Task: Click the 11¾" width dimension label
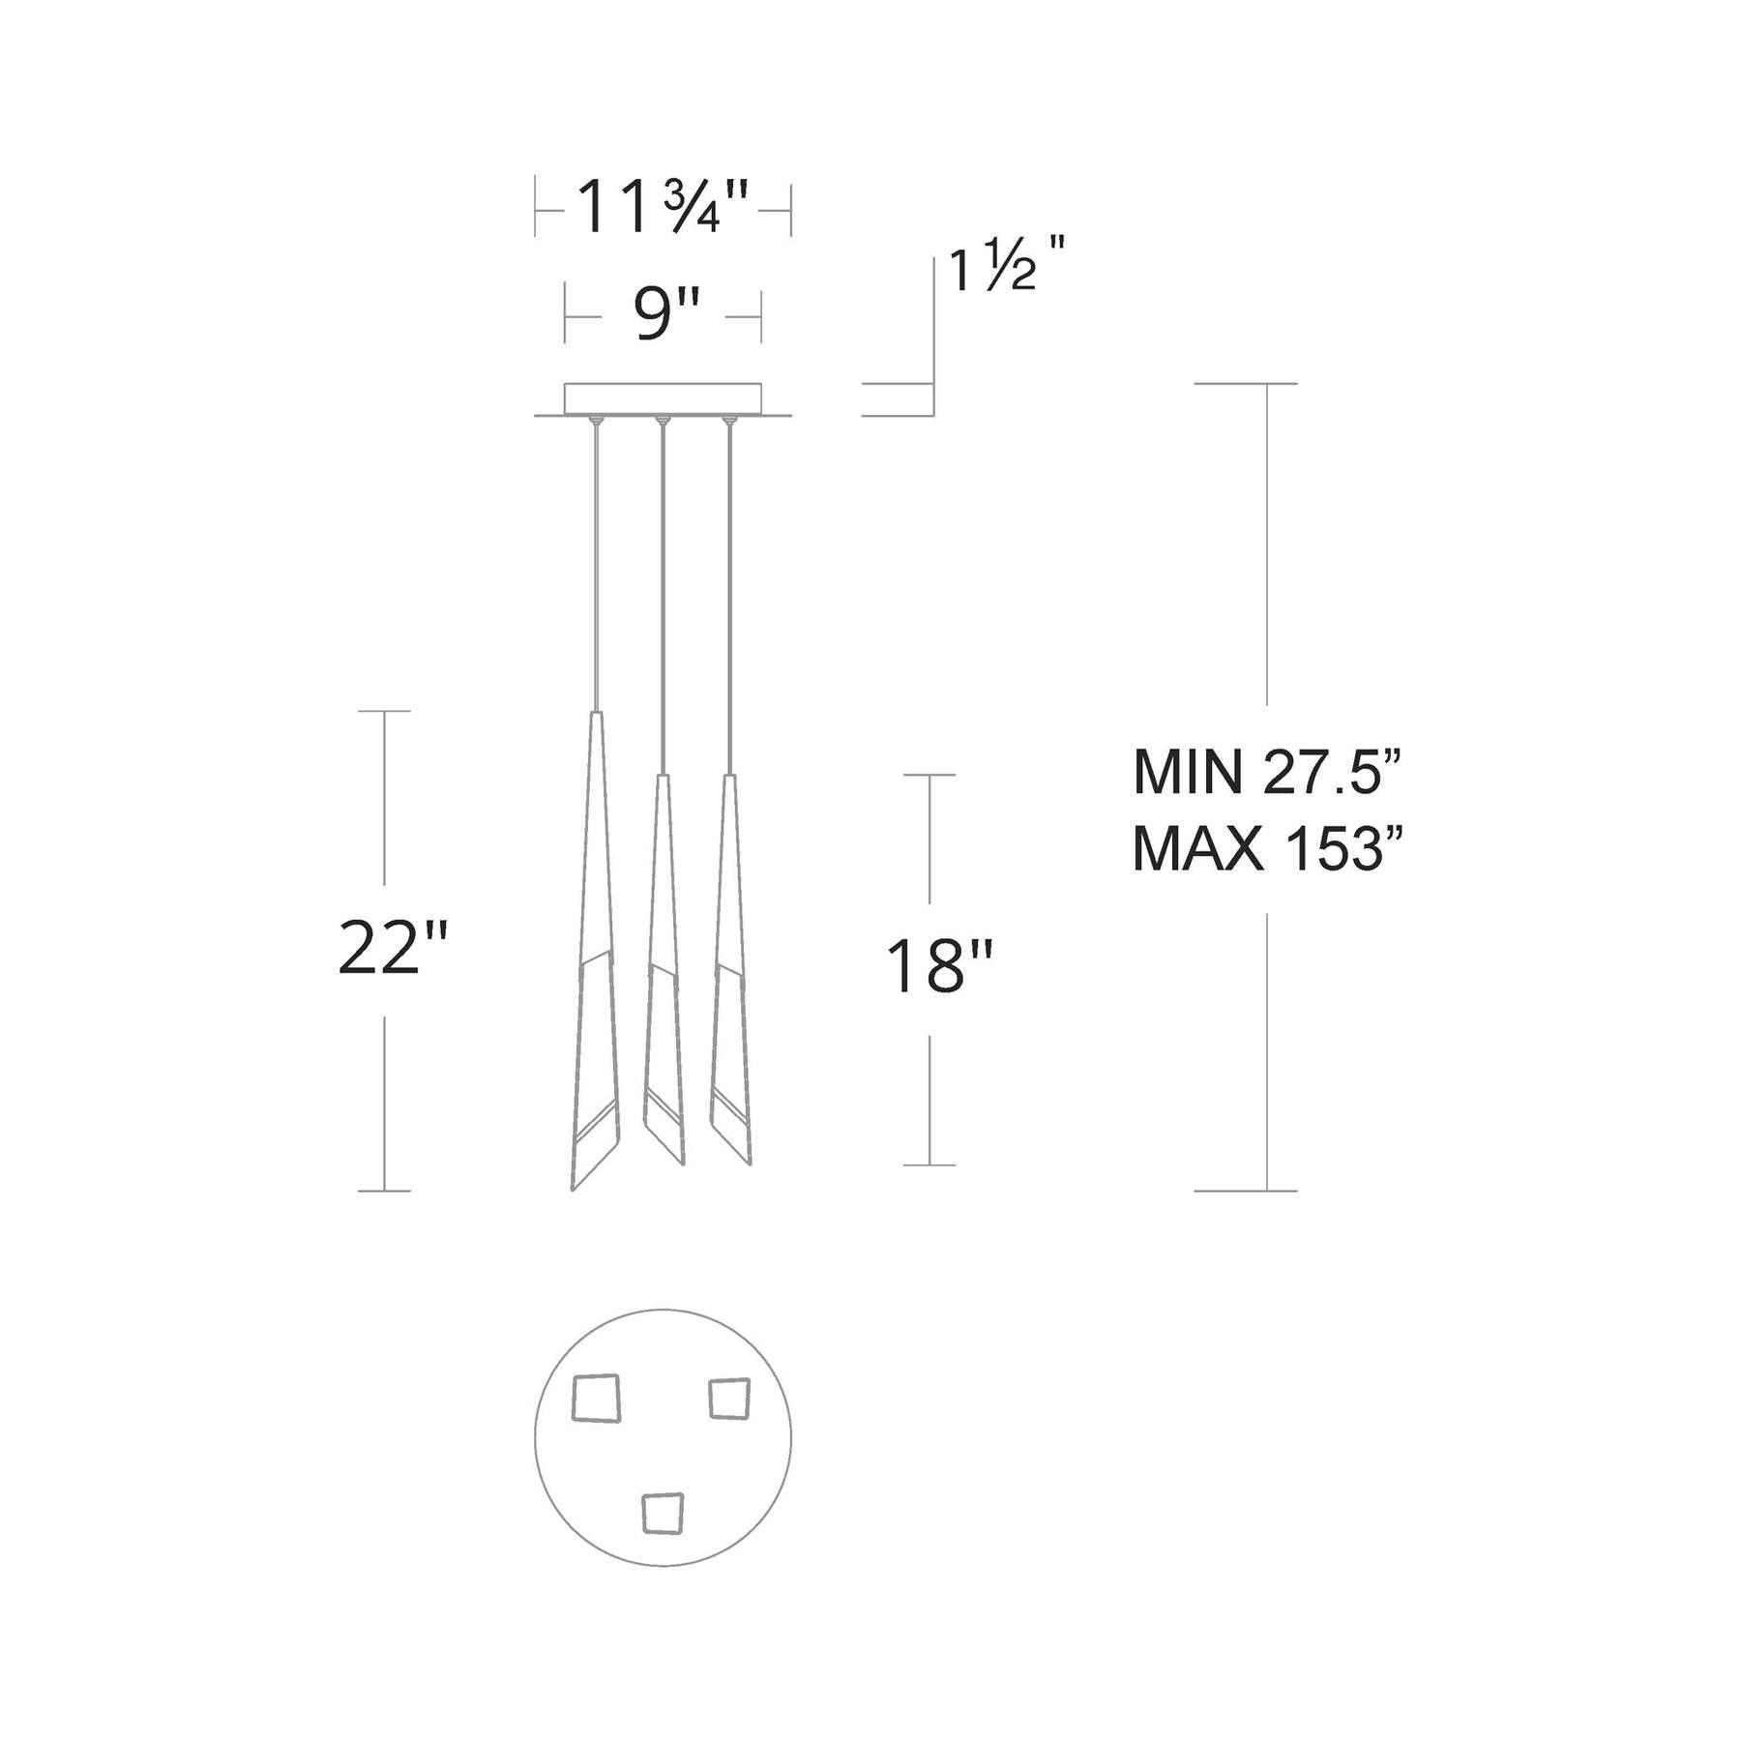click(x=663, y=208)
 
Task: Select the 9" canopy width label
click(x=664, y=315)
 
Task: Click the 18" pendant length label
click(x=938, y=967)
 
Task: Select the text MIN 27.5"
click(x=1267, y=772)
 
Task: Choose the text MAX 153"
click(x=1267, y=849)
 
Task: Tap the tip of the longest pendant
click(x=574, y=1189)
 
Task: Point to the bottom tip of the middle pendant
click(x=682, y=1163)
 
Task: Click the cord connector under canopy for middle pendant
click(x=663, y=421)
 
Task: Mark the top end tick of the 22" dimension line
click(x=385, y=711)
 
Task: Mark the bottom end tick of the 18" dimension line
click(x=930, y=1165)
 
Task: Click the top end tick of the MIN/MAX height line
click(x=1246, y=384)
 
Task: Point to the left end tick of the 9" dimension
click(x=566, y=315)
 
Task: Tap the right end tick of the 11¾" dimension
click(x=791, y=208)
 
